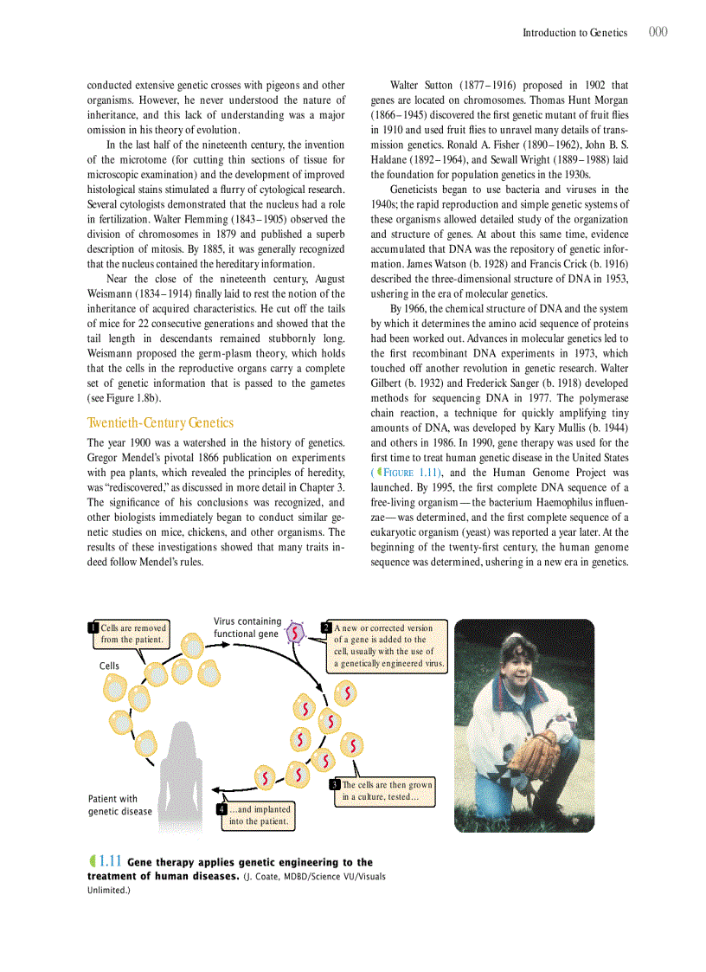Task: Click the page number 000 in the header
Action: [x=658, y=32]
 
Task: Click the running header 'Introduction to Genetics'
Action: [x=574, y=33]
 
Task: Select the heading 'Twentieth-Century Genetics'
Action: [x=160, y=423]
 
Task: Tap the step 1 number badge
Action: [x=93, y=628]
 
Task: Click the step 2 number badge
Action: [x=326, y=628]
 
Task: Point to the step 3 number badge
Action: [x=335, y=785]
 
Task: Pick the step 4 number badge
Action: [x=221, y=810]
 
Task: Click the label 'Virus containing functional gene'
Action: [x=247, y=628]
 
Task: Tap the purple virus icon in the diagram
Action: [x=297, y=633]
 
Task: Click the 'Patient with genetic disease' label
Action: [x=119, y=805]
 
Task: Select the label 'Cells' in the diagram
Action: [x=109, y=666]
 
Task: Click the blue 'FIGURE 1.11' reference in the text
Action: [x=410, y=473]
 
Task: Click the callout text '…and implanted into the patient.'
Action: [x=259, y=815]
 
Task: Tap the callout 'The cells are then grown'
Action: [x=386, y=785]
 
